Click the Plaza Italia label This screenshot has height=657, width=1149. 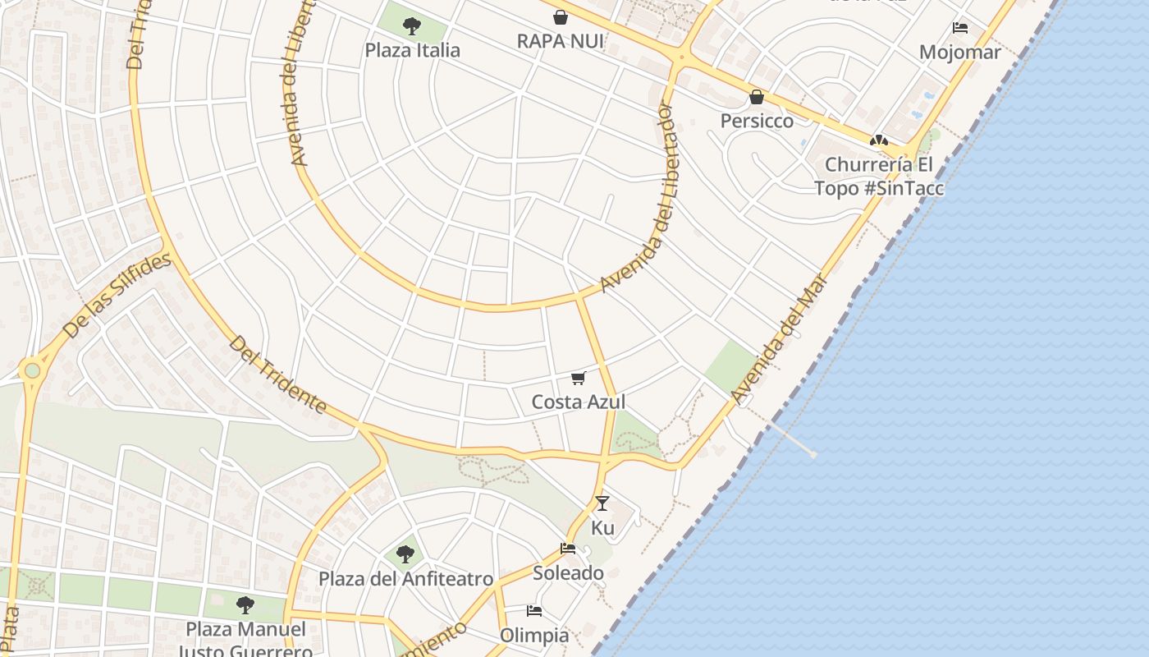point(413,50)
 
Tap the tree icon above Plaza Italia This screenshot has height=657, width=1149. point(412,26)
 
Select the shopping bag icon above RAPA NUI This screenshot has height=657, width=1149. point(561,16)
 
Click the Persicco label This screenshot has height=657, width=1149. point(757,121)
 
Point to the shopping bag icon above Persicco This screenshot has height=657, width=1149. point(757,97)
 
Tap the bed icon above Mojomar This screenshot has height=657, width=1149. point(959,28)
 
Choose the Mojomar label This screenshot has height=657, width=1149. point(959,53)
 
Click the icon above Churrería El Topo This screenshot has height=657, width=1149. point(879,140)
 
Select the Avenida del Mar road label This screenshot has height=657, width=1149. point(777,339)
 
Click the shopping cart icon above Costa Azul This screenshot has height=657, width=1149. point(579,378)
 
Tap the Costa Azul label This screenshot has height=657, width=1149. point(579,402)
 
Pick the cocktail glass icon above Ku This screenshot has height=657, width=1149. point(602,503)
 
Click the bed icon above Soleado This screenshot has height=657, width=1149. point(568,549)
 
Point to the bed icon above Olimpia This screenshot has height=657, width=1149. point(534,611)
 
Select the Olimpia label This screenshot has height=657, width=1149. point(534,635)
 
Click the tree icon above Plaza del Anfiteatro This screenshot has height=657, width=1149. point(405,554)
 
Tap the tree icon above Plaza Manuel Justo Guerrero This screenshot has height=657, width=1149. point(245,606)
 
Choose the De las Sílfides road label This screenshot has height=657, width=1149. point(117,296)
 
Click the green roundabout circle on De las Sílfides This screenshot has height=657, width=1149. point(32,370)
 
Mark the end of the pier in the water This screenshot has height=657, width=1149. point(813,454)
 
